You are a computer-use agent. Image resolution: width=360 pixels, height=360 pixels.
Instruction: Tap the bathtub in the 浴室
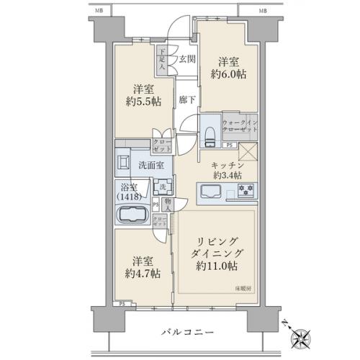[x=132, y=216]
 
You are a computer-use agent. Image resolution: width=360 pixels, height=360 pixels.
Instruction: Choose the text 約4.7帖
[x=141, y=274]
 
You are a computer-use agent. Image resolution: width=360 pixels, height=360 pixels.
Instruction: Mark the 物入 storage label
[x=167, y=204]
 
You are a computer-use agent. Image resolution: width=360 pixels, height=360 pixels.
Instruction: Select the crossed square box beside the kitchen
[x=247, y=151]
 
